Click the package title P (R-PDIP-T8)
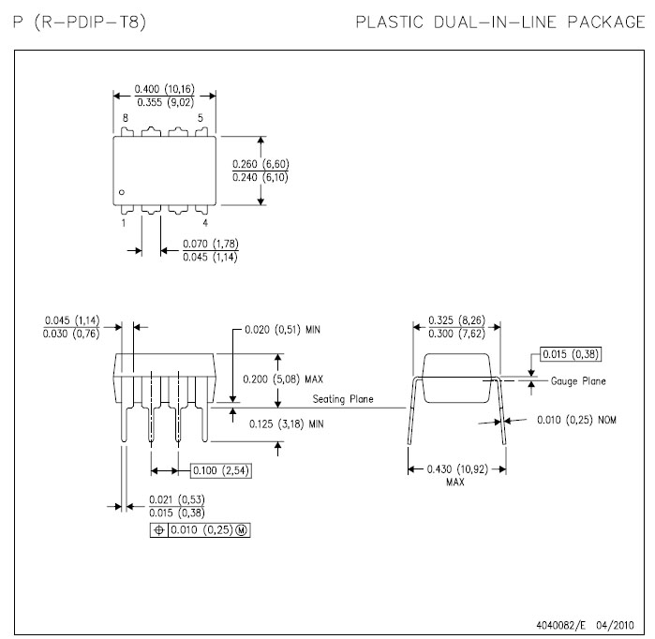(80, 21)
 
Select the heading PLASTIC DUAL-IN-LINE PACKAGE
(500, 21)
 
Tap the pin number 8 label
(124, 118)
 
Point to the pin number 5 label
(201, 118)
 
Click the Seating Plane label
(343, 399)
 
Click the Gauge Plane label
(578, 381)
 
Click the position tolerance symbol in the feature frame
(158, 529)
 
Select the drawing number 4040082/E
(566, 621)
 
